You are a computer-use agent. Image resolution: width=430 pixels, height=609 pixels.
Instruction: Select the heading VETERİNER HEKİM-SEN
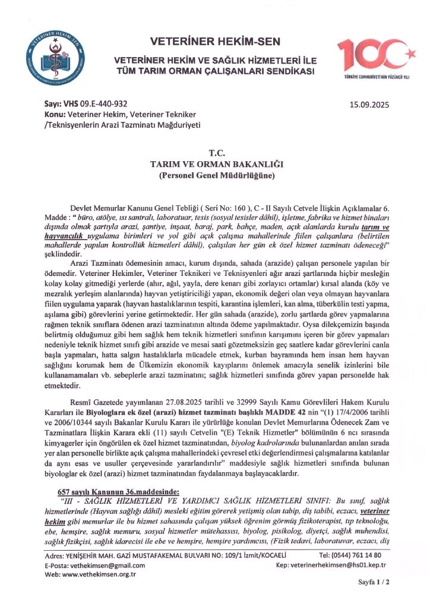215,42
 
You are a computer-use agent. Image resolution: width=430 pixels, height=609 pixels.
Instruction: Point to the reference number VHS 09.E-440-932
94,103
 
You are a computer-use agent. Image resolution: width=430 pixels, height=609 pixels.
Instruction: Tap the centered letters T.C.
214,153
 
